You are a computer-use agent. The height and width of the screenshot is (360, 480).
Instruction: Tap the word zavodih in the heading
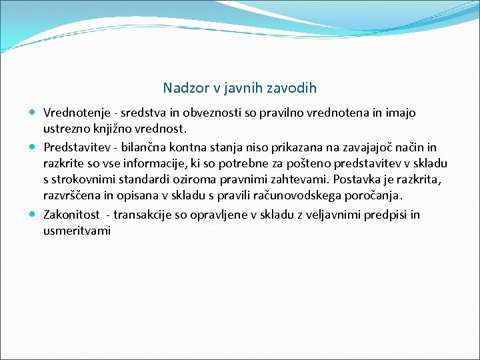click(293, 88)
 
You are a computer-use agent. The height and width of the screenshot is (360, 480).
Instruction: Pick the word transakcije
click(145, 214)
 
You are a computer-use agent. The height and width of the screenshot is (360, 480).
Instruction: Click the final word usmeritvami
click(77, 231)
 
